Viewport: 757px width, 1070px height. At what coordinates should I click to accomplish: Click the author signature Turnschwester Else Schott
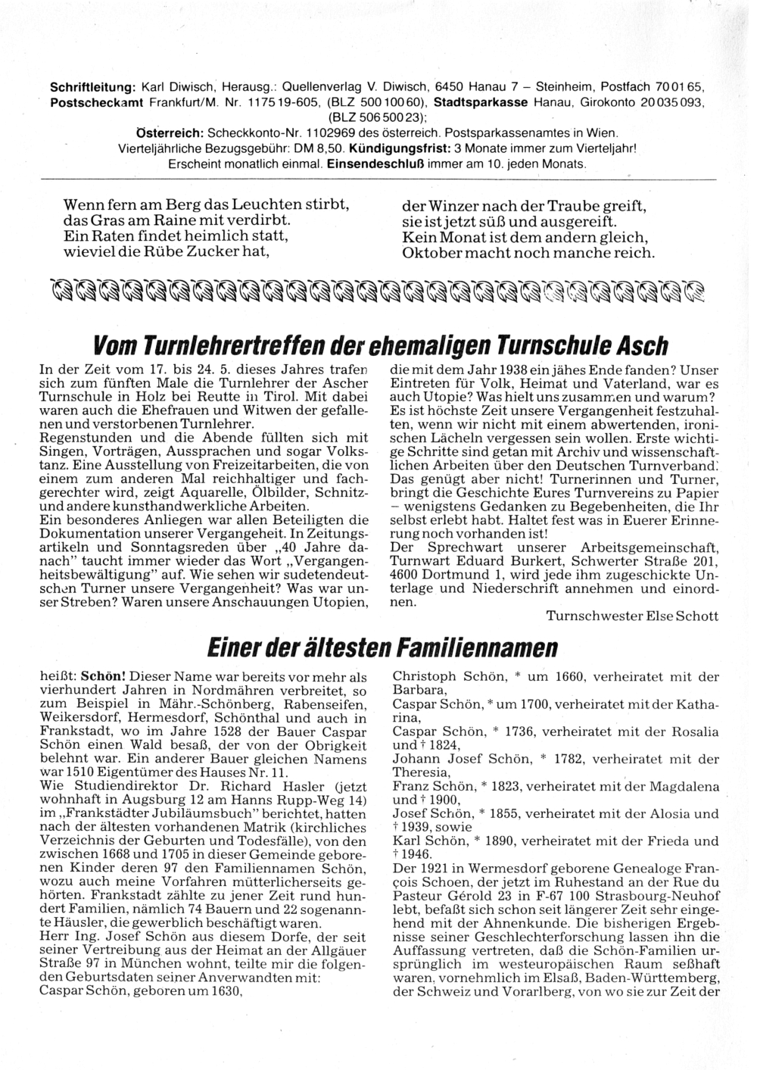[x=632, y=616]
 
